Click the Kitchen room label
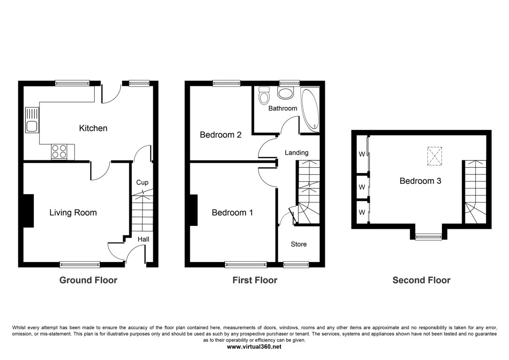coord(93,128)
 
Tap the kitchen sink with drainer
coord(32,120)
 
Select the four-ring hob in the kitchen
coord(59,151)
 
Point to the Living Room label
coord(73,213)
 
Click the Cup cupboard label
coord(142,182)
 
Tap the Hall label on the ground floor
coord(143,239)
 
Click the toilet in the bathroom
coord(264,95)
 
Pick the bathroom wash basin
coord(285,93)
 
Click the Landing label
coord(297,152)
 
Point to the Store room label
coord(299,244)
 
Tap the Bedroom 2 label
coord(221,135)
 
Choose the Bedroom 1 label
coord(232,213)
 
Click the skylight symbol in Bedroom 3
coord(434,156)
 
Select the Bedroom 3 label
coord(420,181)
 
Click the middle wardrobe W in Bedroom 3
coord(362,187)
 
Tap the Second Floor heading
coord(421,280)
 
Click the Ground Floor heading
coord(88,280)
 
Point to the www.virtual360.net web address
coord(254,347)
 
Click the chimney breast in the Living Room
coord(29,211)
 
